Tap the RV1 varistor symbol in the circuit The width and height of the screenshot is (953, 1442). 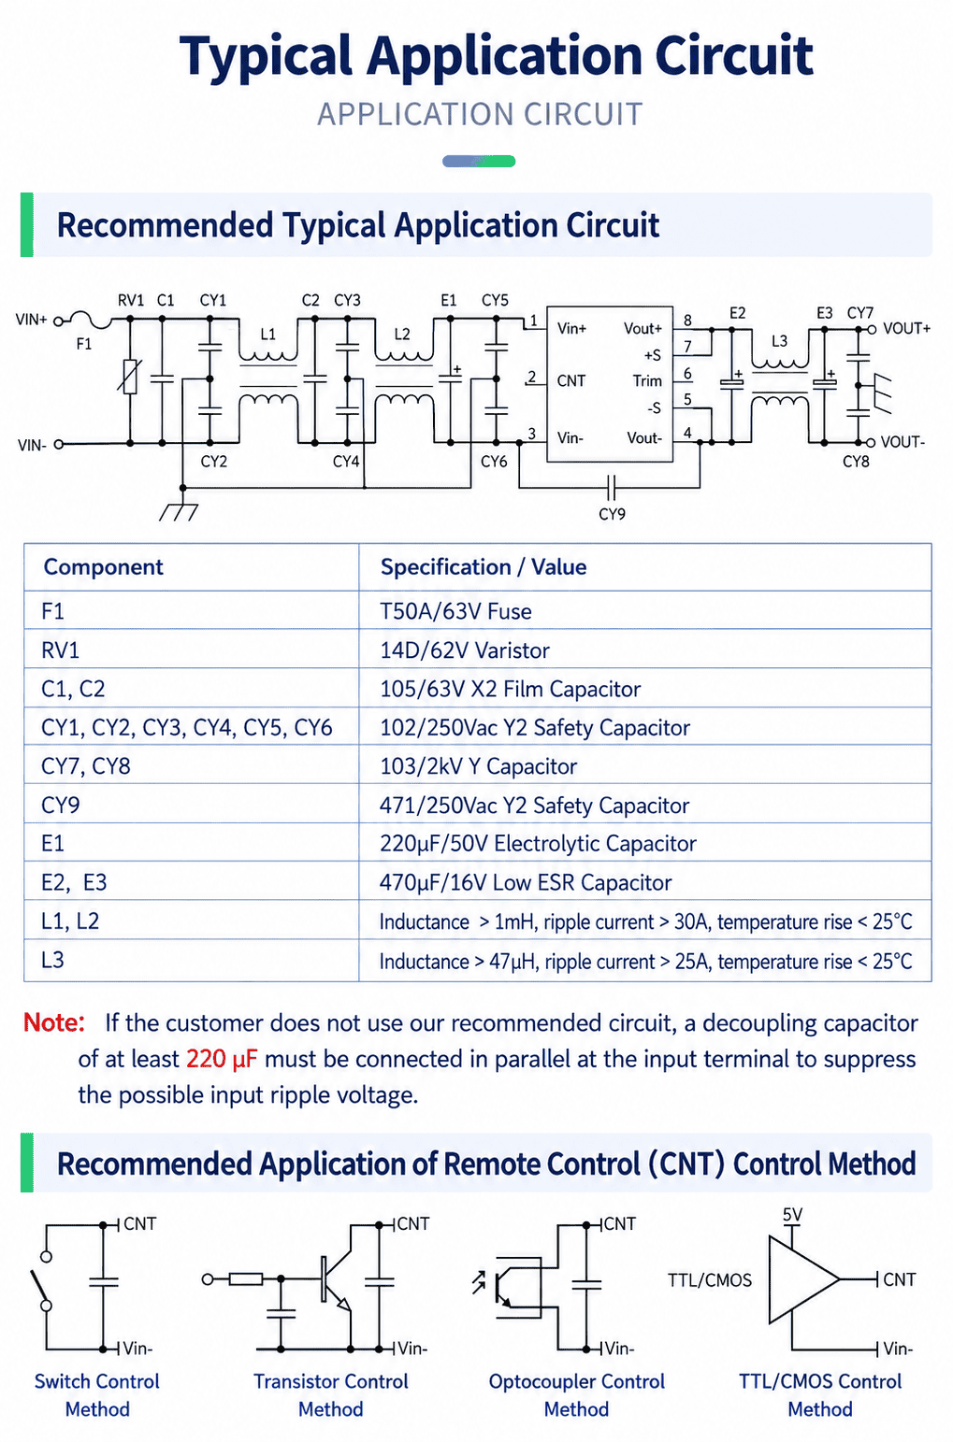(130, 377)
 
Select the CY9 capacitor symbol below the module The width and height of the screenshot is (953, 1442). (612, 488)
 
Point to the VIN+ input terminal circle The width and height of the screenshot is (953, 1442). (58, 321)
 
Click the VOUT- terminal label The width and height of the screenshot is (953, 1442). (902, 442)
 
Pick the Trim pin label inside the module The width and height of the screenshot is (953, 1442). (647, 381)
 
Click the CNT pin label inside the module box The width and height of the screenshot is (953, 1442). (571, 381)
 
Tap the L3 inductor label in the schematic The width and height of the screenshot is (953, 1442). (779, 340)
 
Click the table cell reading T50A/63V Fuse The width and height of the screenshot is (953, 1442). (455, 611)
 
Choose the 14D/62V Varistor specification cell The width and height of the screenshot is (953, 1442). (465, 650)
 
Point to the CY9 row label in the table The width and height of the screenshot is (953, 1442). (61, 805)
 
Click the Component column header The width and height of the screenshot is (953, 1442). (103, 567)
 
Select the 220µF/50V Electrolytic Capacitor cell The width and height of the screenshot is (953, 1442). (538, 843)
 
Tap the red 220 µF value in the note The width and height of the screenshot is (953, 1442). (222, 1059)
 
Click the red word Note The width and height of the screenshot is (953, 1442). (54, 1023)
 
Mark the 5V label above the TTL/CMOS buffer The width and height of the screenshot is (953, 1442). (792, 1215)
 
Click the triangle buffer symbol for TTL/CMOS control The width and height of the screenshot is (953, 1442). (802, 1279)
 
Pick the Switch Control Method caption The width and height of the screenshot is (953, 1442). (97, 1395)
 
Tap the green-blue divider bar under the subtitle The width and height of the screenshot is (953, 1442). (479, 161)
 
